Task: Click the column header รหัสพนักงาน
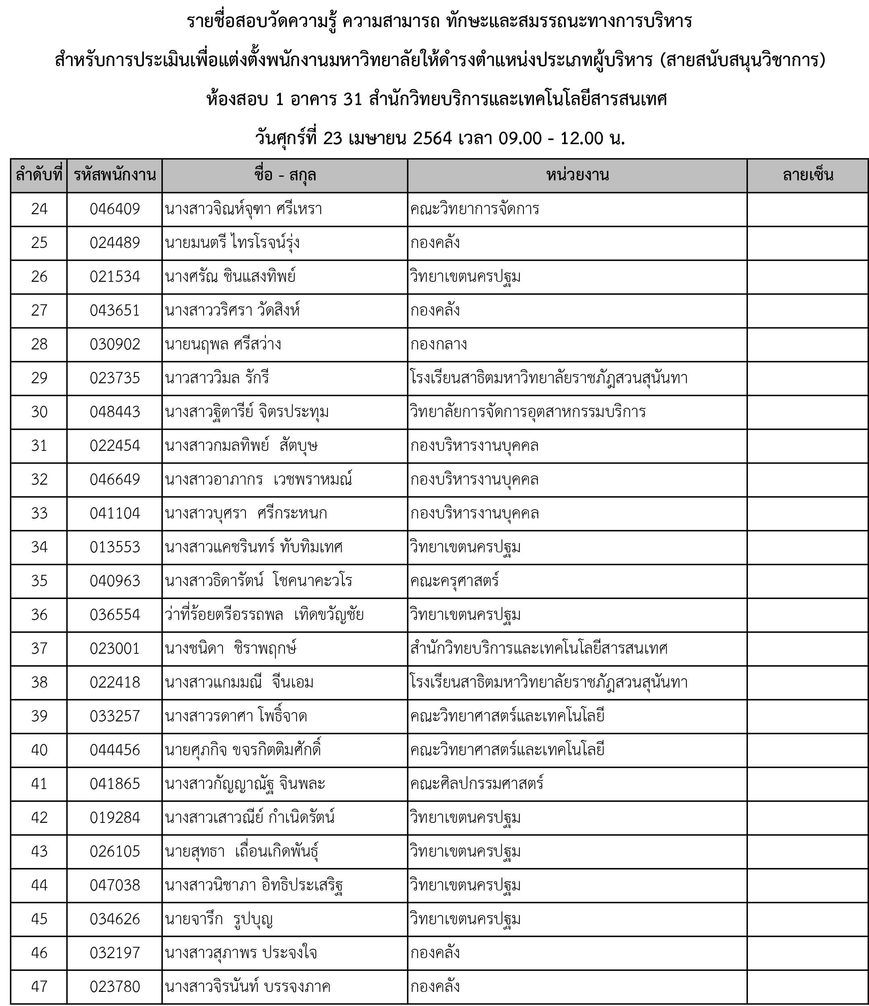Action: (115, 175)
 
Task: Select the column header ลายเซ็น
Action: (807, 175)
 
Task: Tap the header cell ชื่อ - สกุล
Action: (285, 175)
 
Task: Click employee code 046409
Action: (115, 209)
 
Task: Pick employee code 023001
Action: (115, 649)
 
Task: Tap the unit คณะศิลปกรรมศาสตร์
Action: (476, 784)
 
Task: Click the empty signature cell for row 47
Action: (807, 987)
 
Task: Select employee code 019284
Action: (115, 818)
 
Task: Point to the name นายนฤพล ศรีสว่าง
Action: (223, 344)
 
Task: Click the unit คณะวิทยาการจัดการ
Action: (474, 209)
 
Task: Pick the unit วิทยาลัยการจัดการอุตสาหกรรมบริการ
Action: (527, 412)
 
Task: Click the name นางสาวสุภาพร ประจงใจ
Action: (241, 953)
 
